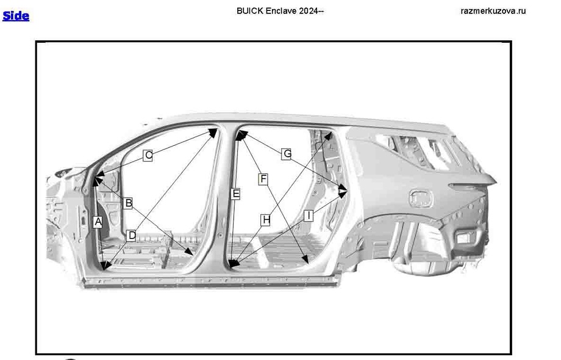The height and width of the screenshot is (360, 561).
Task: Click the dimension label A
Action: tap(98, 223)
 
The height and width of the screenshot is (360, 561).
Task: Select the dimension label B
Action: tap(128, 203)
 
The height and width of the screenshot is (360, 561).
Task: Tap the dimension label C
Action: tap(148, 156)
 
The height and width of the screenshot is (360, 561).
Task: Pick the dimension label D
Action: tap(132, 235)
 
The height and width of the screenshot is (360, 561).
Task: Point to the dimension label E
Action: tap(236, 194)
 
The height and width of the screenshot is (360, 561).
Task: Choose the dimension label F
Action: tap(263, 179)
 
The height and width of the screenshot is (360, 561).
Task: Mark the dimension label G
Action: tap(287, 154)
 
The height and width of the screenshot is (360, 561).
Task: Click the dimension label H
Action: tap(265, 220)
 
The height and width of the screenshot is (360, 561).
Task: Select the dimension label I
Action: tap(309, 215)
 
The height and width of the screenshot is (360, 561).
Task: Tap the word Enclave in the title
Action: tap(281, 11)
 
